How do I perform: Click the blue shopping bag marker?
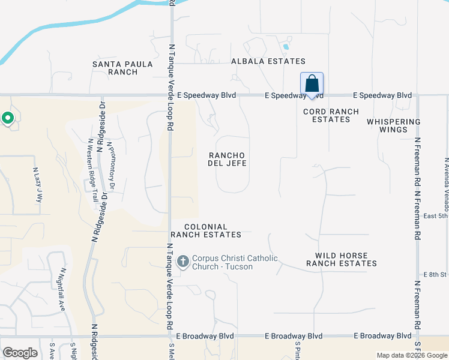click(x=312, y=85)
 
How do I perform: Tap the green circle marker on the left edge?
click(x=7, y=118)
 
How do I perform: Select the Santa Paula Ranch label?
click(x=115, y=68)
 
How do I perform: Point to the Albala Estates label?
click(x=268, y=61)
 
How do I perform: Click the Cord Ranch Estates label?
click(x=331, y=115)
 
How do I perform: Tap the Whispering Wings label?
click(x=394, y=125)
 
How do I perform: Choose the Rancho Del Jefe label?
click(x=227, y=158)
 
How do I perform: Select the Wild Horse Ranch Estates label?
click(x=342, y=259)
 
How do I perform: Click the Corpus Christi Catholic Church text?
click(x=235, y=262)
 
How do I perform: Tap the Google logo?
click(x=20, y=352)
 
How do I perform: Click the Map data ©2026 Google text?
click(x=412, y=355)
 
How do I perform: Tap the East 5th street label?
click(x=436, y=216)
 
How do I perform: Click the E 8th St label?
click(x=436, y=274)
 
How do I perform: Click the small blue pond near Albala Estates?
click(x=286, y=46)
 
